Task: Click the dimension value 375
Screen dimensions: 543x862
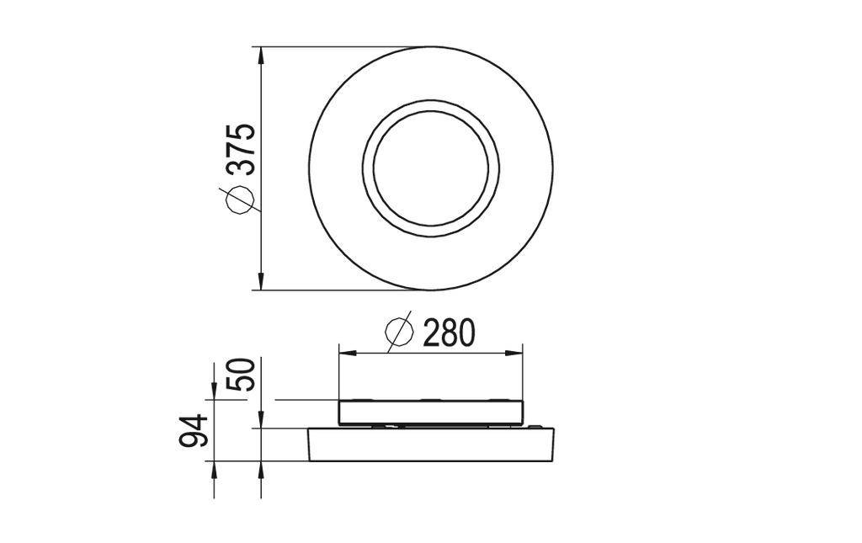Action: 242,149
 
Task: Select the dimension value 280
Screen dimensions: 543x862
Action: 448,333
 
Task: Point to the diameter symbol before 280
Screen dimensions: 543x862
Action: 400,333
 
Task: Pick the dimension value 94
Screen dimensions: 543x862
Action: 195,431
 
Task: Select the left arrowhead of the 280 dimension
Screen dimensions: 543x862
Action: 344,354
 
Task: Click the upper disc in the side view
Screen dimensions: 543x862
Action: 431,412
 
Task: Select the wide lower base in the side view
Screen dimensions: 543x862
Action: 431,445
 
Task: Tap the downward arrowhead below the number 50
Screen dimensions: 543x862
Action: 262,420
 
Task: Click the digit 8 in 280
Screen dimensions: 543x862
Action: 449,333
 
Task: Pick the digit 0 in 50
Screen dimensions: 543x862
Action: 242,369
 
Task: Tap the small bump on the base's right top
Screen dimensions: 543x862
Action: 538,427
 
